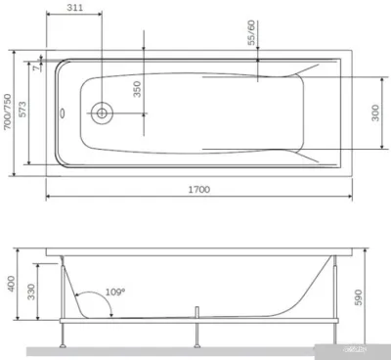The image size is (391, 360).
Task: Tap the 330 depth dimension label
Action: click(x=32, y=292)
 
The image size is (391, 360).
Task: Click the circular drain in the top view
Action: click(x=102, y=112)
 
